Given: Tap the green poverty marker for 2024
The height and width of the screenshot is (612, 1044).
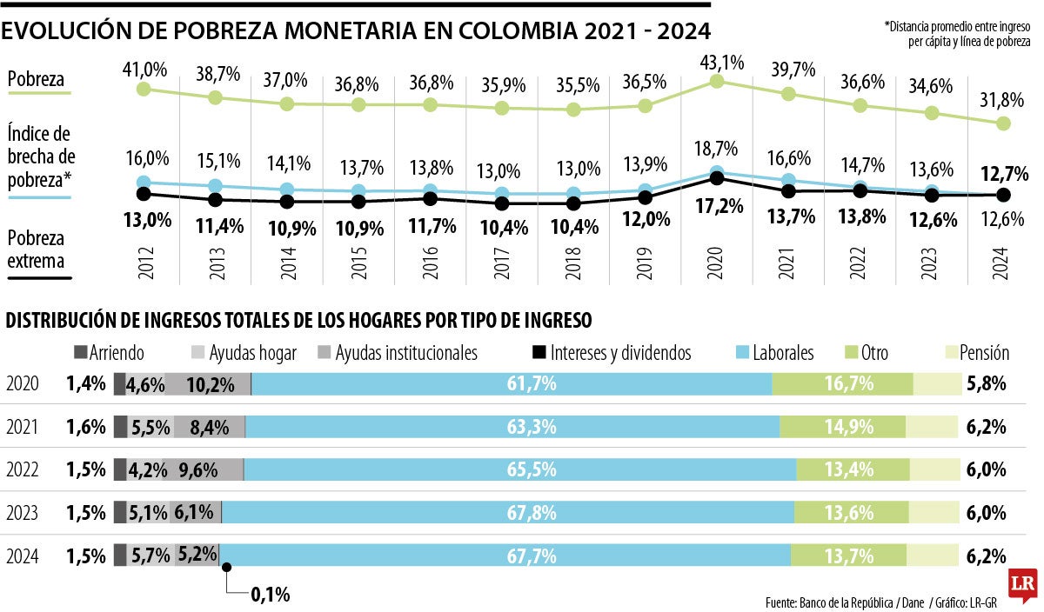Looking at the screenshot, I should tap(1003, 123).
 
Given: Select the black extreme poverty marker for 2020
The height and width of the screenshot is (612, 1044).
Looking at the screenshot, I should tap(717, 178).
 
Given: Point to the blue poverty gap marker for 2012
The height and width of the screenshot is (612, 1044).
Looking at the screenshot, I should tap(144, 183).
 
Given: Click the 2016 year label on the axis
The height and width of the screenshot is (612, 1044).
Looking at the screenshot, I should tap(430, 261).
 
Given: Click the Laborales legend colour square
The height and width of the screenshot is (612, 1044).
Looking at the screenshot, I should tap(745, 353).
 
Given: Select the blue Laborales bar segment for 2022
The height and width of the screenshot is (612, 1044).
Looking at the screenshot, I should tap(519, 469).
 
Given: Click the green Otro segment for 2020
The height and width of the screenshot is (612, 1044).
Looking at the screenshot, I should tap(842, 383).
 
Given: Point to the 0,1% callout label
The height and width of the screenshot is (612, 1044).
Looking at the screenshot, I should tap(270, 595).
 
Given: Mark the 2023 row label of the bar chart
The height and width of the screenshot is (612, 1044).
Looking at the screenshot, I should tap(22, 512).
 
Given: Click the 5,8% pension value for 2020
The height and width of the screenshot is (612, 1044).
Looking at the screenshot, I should tap(986, 383).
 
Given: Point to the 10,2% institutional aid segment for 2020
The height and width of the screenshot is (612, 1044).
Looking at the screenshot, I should tap(207, 383).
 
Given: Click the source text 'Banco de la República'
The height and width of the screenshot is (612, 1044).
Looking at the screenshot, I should tap(848, 601).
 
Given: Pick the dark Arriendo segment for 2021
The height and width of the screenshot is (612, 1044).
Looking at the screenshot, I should tap(120, 427).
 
